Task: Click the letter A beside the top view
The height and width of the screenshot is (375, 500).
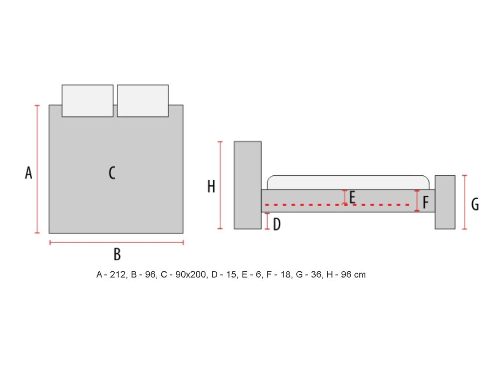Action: (29, 173)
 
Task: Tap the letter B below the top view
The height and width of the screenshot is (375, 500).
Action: (117, 254)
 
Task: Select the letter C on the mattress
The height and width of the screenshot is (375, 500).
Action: (112, 173)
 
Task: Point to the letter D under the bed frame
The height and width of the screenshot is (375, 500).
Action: (277, 225)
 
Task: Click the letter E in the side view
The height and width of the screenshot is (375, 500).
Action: (352, 197)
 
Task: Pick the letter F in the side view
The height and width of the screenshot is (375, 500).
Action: (426, 202)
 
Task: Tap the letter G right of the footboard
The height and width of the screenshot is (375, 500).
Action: (475, 204)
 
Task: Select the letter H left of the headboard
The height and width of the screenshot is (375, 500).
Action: (211, 187)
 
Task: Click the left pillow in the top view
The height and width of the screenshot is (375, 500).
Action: (87, 101)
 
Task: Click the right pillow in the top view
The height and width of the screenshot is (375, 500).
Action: (143, 101)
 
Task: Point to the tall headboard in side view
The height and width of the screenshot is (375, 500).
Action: (248, 185)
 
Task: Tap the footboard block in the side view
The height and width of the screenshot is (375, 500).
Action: (445, 202)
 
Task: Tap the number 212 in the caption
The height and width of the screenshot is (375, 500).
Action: (116, 275)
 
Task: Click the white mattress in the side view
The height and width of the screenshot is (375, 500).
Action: (348, 182)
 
